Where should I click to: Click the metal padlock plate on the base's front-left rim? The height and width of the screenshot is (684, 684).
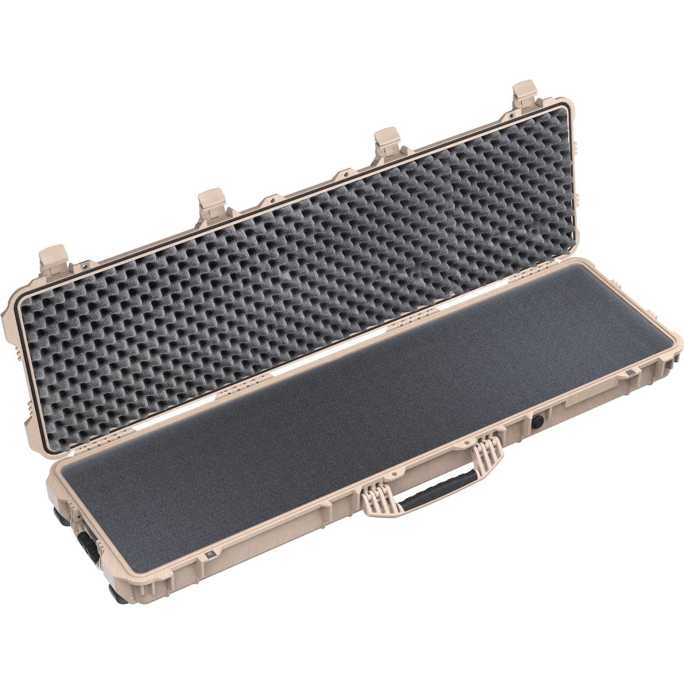coord(210,555)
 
